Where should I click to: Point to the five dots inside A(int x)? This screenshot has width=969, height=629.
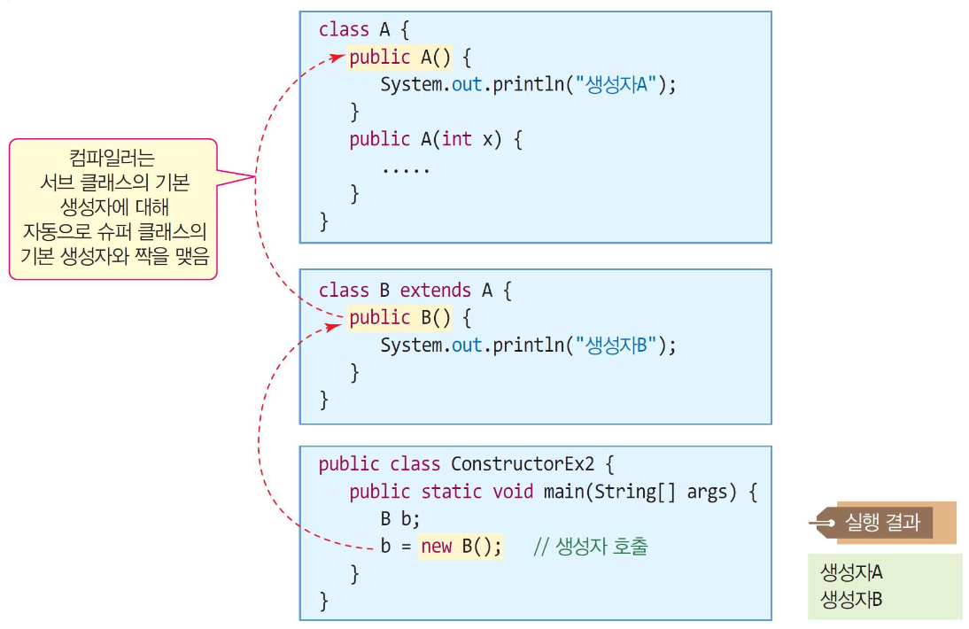point(406,167)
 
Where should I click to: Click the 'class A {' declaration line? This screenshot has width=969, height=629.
point(364,29)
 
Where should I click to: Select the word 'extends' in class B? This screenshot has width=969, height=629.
point(435,291)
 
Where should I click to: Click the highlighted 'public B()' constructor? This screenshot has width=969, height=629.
point(404,318)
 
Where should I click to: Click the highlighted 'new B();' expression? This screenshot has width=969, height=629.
point(461,547)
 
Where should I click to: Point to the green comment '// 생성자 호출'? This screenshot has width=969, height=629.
point(591,547)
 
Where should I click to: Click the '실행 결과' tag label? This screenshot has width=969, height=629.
point(883,523)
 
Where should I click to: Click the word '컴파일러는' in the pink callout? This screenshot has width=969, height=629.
point(115,159)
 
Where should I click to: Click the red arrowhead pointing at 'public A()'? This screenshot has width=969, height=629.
point(337,58)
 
